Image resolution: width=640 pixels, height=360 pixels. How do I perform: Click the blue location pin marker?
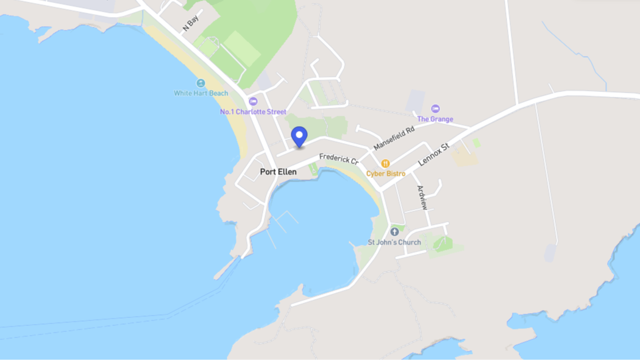click(299, 136)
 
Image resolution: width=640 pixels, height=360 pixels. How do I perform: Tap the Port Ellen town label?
click(278, 172)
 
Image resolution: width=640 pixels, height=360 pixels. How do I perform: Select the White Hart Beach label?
click(201, 93)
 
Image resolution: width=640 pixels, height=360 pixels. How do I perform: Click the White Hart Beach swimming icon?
click(201, 83)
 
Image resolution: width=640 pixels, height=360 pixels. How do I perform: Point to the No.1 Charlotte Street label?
click(253, 112)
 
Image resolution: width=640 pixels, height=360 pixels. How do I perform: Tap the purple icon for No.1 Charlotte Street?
click(253, 102)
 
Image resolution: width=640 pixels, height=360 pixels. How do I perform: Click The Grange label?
click(435, 119)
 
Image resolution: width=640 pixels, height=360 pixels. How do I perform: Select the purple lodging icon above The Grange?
click(435, 109)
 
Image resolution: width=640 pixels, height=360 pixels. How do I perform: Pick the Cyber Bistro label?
click(385, 174)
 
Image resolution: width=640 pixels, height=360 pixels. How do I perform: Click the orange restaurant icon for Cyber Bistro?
click(385, 163)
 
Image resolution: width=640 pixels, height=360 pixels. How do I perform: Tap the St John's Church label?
click(394, 242)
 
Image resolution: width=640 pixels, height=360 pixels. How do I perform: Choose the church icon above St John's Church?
click(394, 232)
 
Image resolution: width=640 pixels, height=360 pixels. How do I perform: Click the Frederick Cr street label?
click(339, 158)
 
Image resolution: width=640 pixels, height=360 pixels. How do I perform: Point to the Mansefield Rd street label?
click(394, 138)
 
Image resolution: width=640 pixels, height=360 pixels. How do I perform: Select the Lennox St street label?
click(433, 155)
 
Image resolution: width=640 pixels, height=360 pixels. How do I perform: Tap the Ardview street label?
click(422, 197)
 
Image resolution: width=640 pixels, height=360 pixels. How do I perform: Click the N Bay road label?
click(191, 24)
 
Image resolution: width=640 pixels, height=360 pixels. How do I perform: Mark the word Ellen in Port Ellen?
click(286, 172)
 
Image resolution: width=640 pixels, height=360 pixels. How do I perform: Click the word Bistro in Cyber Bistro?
click(395, 174)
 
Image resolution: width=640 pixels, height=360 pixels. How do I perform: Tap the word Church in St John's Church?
click(408, 242)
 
